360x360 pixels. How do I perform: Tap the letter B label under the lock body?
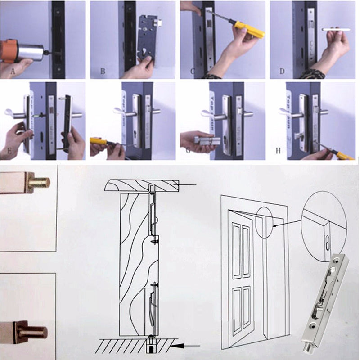point(103,71)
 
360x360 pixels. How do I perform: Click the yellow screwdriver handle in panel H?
point(345,156)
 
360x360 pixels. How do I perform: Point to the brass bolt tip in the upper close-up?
point(40,183)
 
